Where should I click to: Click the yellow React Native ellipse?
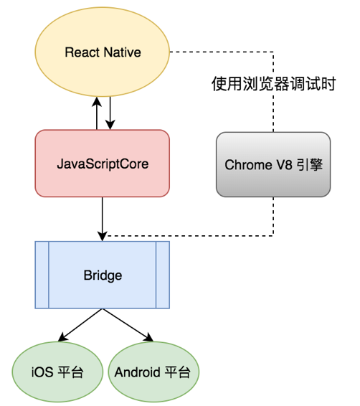coord(103,52)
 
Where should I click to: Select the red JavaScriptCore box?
coord(103,163)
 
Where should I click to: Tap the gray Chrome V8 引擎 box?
coord(273,164)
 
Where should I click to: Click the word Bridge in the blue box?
coord(103,275)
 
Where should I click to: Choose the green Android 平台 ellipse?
coord(153,373)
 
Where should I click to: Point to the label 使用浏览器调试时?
coord(273,83)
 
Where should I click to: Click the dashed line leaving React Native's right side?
coord(215,52)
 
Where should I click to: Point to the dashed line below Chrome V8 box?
coord(273,215)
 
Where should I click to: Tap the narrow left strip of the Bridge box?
coord(42,275)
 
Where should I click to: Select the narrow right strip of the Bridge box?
coord(162,275)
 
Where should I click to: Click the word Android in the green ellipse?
coord(136,373)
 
